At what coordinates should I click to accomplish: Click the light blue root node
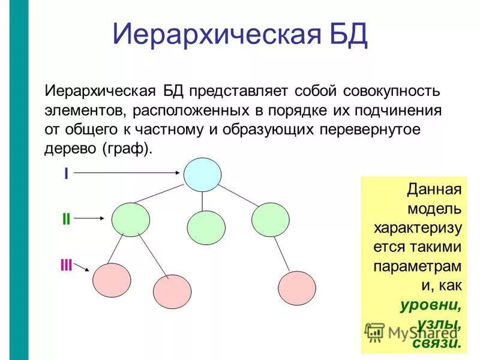[202, 174]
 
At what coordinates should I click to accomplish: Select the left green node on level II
[131, 219]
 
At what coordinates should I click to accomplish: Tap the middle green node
[206, 227]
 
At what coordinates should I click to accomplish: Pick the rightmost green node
[271, 219]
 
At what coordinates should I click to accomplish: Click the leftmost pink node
[111, 279]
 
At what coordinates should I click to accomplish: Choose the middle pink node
[172, 291]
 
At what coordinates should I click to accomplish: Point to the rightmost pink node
[296, 288]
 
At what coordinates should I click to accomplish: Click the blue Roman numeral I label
[66, 173]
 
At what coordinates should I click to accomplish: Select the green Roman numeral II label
[66, 220]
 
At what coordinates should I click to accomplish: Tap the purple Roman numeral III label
[66, 265]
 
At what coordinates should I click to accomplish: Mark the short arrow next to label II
[94, 219]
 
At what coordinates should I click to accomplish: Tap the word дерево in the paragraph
[71, 149]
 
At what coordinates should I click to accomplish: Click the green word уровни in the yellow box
[431, 305]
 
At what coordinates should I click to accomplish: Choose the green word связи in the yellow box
[437, 343]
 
